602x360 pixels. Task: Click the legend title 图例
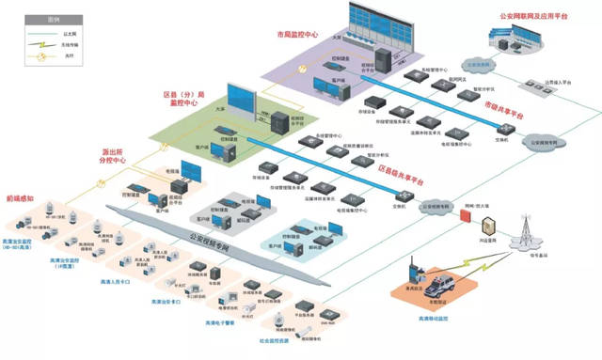(29, 18)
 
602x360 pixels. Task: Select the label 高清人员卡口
(109, 281)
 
